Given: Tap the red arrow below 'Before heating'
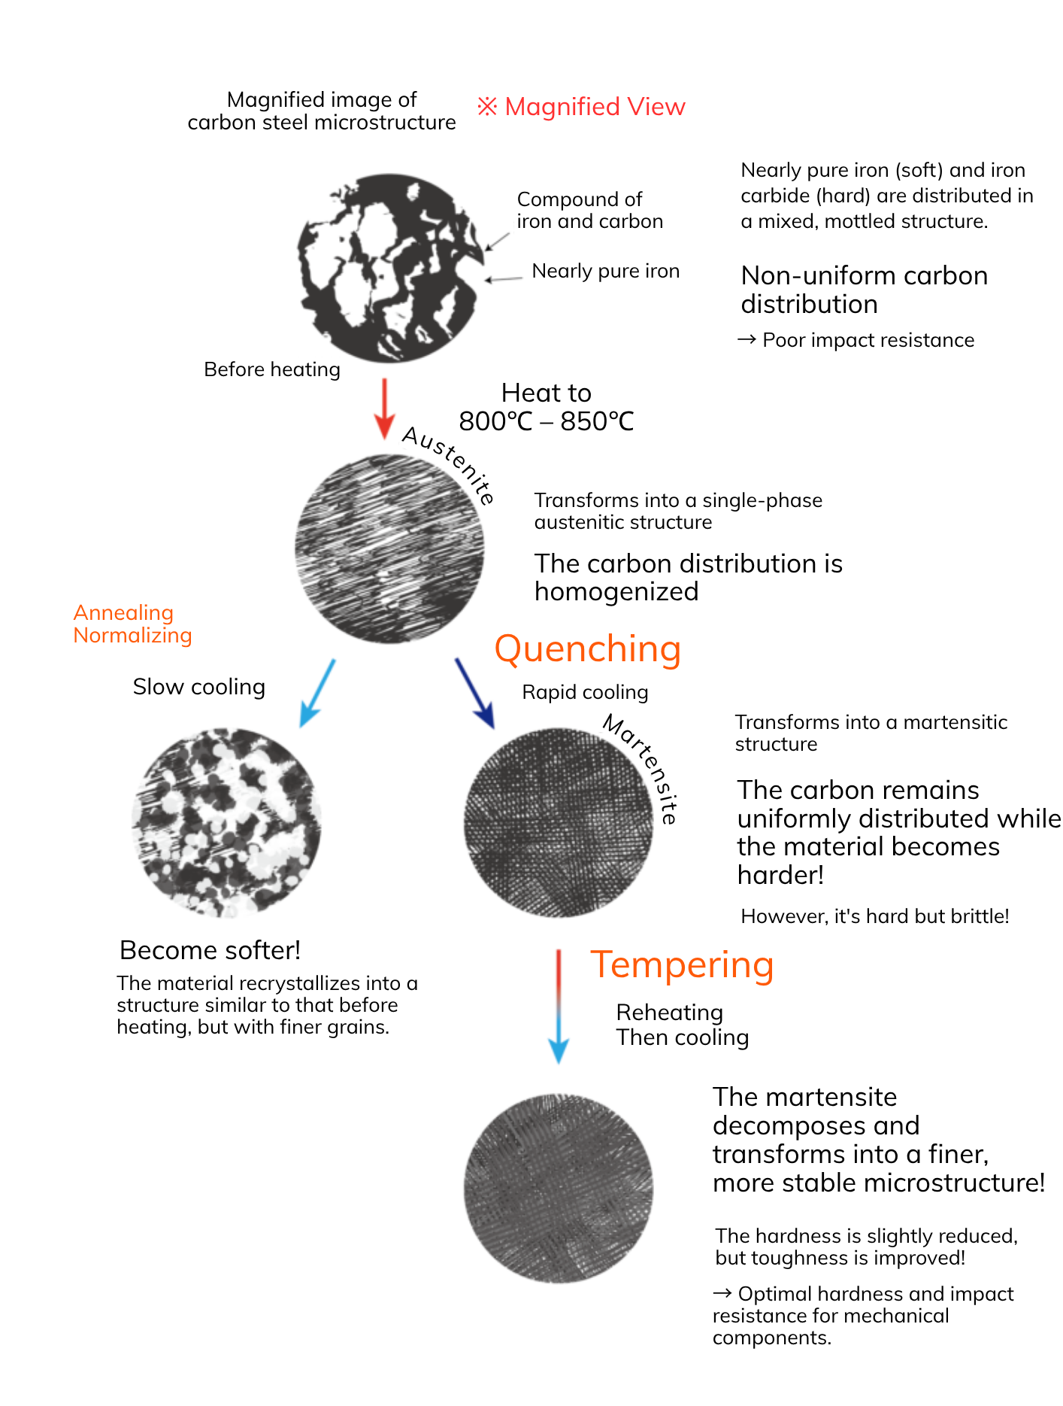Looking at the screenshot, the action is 384,408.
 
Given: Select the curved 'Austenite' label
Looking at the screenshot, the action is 449,464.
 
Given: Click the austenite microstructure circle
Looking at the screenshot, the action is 389,548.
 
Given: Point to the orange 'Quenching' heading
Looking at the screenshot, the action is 588,649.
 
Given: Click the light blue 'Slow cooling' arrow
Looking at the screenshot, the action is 316,694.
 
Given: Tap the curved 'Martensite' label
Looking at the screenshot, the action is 643,767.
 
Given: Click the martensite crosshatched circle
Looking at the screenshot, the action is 559,822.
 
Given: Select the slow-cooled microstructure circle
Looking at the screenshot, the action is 226,822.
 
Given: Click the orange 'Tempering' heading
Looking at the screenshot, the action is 682,965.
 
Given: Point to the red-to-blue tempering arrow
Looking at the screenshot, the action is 559,1007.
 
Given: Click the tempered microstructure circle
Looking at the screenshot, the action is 559,1189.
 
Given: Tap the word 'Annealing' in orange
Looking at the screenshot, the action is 123,613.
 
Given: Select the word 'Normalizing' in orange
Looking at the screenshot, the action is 132,636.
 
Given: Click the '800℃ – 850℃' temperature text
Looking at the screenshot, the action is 547,421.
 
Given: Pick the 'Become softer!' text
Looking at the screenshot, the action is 210,950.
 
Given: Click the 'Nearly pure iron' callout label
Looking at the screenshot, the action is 606,271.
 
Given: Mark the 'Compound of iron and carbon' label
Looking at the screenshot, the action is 590,210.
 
